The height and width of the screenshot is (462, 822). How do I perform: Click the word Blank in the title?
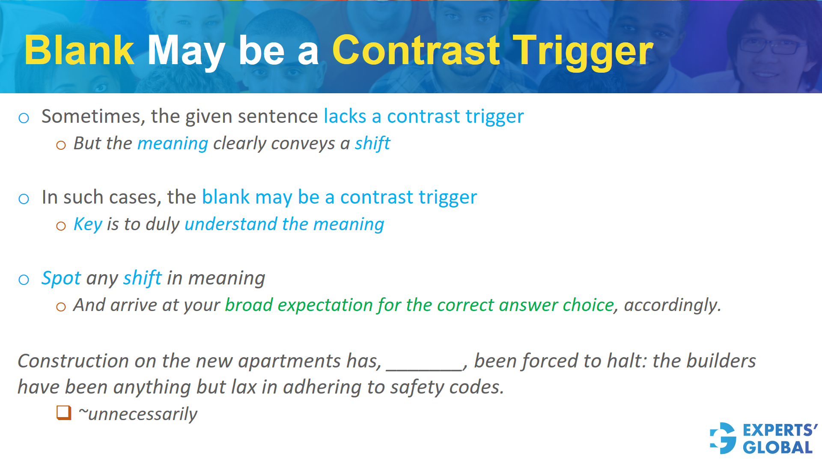point(79,50)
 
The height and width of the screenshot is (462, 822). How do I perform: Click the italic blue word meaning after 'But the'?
point(173,144)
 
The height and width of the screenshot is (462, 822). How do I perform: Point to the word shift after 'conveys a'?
point(372,144)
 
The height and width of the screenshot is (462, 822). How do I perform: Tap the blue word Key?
point(88,224)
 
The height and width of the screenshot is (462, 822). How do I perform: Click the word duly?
point(162,224)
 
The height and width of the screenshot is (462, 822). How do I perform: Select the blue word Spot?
point(61,278)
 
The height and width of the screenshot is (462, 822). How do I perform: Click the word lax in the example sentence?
point(243,387)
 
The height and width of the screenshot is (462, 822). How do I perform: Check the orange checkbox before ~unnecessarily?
point(64,413)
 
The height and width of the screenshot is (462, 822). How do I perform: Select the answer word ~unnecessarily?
point(138,414)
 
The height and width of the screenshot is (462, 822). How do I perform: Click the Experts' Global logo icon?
point(723,438)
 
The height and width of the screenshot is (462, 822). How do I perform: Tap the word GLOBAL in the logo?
point(777,448)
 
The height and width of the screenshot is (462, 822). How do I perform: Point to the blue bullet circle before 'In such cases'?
point(24,199)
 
